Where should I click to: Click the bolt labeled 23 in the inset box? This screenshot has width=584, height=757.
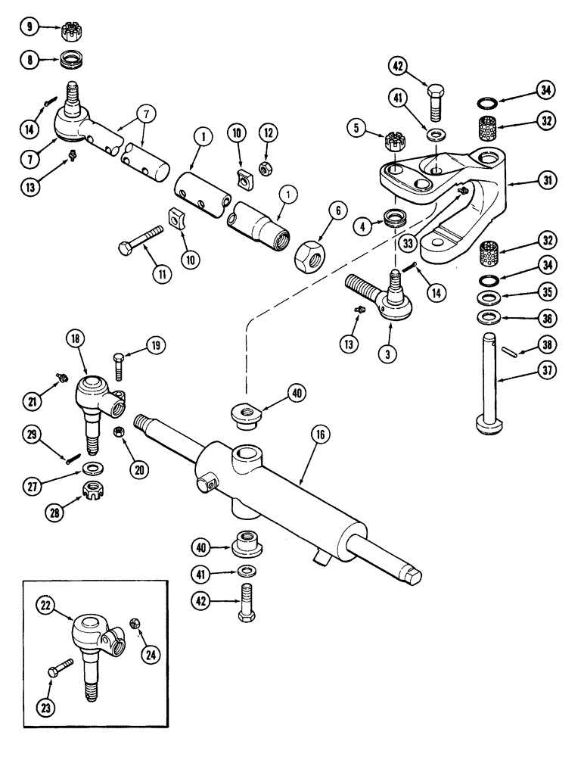61,671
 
